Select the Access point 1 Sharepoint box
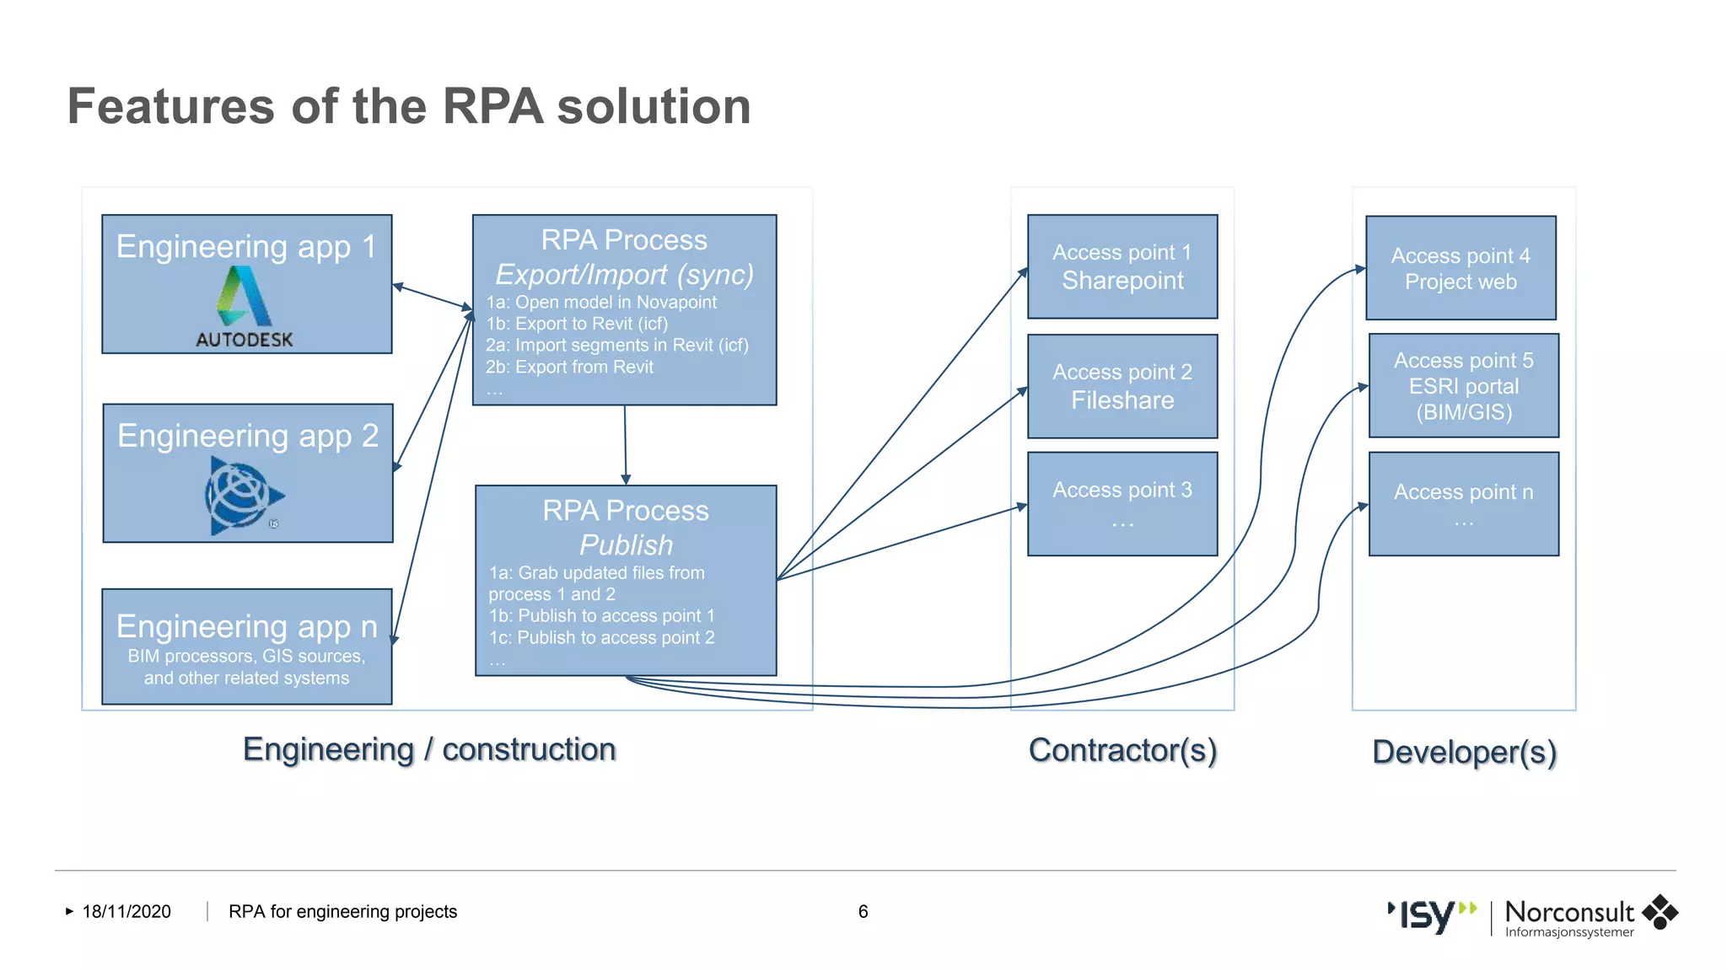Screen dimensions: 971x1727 click(x=1122, y=266)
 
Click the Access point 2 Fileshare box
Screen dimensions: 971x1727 click(x=1122, y=386)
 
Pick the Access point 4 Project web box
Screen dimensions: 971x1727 click(x=1460, y=268)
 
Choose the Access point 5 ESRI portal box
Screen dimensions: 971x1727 click(x=1463, y=386)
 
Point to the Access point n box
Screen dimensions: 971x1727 click(x=1463, y=504)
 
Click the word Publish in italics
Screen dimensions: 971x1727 click(x=626, y=545)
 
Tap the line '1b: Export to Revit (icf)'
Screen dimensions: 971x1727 click(x=577, y=324)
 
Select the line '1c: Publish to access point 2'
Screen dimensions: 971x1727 click(x=601, y=638)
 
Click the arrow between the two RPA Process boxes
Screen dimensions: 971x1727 click(x=625, y=444)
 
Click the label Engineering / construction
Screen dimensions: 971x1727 click(x=429, y=749)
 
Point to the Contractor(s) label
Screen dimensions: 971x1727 click(x=1122, y=750)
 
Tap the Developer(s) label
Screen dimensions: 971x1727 click(x=1463, y=752)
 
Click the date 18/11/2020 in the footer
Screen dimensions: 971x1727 click(x=126, y=911)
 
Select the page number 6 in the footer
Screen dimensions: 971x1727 click(x=863, y=911)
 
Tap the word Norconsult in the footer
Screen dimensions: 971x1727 click(x=1568, y=911)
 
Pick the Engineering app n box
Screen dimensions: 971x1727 click(x=246, y=646)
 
